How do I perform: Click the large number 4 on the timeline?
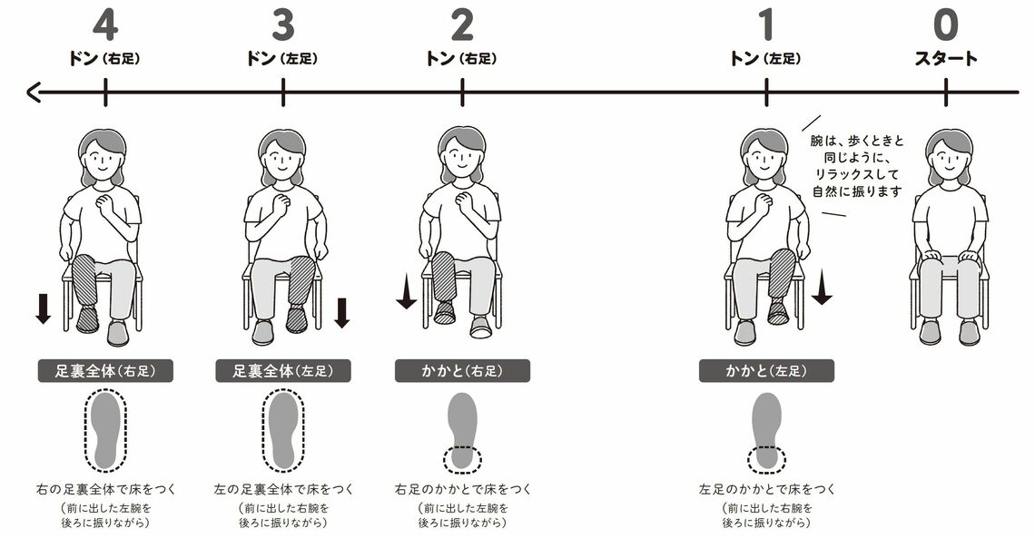pos(105,25)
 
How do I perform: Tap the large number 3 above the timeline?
pos(282,25)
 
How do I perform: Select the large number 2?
pos(461,25)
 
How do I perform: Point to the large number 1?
pos(765,25)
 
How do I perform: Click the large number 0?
pos(945,25)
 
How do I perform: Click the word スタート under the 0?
pos(945,59)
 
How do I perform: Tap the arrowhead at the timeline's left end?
pos(33,93)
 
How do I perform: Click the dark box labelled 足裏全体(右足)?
pos(105,370)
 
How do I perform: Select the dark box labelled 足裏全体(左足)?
pos(283,370)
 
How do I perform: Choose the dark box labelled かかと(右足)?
pos(462,370)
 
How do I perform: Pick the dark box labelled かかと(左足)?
pos(766,370)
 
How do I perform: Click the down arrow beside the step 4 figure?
pos(43,308)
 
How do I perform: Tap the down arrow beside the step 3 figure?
pos(342,312)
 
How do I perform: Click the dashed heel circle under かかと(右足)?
pos(462,459)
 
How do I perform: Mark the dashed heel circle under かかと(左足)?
pos(766,459)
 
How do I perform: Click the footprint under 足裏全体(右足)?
pos(105,430)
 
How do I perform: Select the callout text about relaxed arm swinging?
pos(857,166)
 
